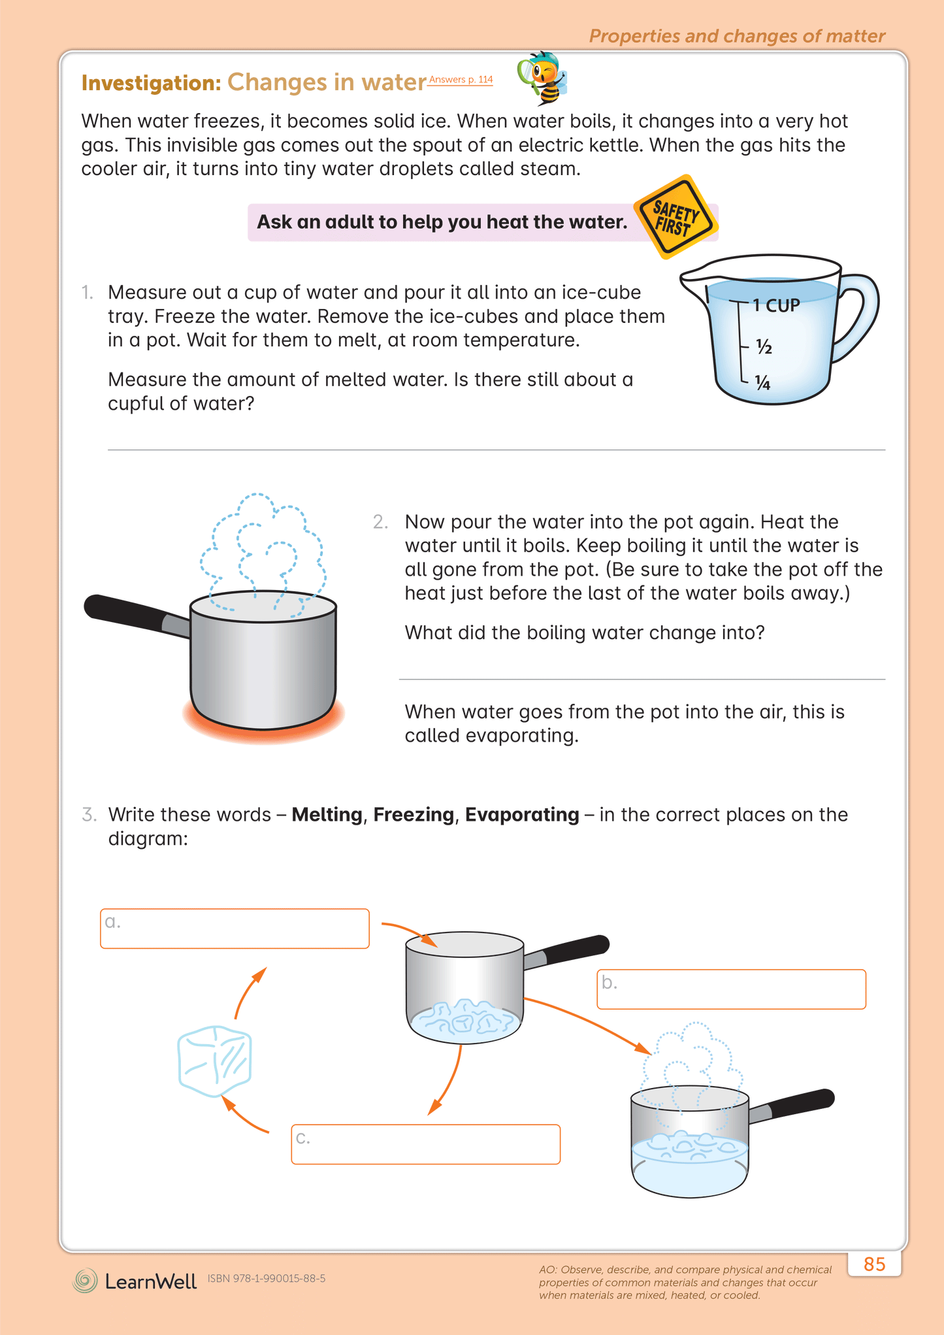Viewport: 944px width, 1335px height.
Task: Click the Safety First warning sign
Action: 676,218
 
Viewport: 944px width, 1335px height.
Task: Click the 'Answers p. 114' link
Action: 461,80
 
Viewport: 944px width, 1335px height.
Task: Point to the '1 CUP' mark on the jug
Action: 775,305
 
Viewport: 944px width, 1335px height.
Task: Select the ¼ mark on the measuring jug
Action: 762,383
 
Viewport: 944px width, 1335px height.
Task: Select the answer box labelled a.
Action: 235,929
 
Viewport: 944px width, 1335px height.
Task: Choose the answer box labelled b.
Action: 731,989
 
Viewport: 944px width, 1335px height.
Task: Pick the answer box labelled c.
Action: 425,1144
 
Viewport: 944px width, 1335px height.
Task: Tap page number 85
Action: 874,1264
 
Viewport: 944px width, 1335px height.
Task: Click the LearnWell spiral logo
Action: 85,1281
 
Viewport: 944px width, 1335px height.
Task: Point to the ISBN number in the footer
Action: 267,1278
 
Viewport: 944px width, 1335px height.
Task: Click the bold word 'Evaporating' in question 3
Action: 521,815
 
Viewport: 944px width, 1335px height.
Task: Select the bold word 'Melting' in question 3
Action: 327,815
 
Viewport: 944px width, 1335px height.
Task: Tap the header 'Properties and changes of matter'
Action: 737,36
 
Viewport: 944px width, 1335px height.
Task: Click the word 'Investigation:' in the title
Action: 152,83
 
